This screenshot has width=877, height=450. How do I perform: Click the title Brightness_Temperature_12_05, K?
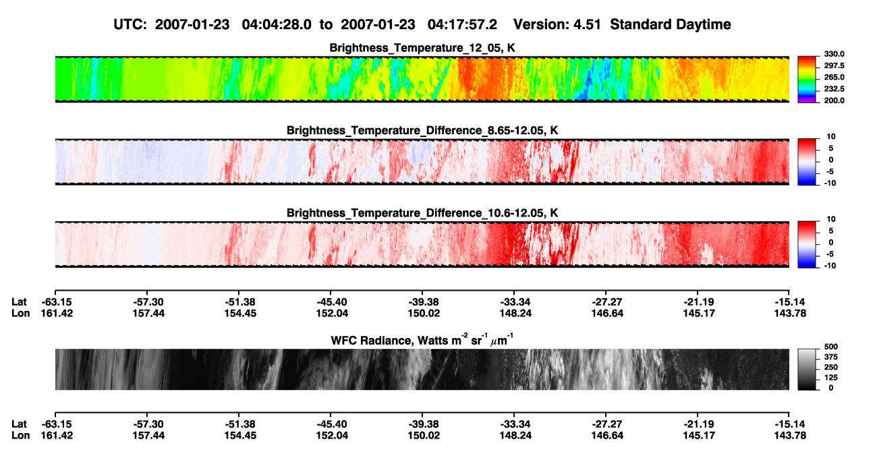click(x=422, y=48)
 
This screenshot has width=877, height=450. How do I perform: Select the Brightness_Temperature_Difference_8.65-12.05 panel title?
click(x=422, y=130)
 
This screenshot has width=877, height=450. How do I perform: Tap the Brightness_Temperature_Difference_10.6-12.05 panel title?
click(x=422, y=213)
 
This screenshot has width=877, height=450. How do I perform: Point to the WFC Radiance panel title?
click(x=422, y=339)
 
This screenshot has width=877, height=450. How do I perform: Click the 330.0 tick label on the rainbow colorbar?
click(x=834, y=54)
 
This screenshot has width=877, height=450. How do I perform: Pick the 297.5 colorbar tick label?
click(x=834, y=65)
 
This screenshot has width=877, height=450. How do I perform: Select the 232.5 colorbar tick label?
click(x=834, y=89)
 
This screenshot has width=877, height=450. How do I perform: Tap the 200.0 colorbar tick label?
click(x=834, y=101)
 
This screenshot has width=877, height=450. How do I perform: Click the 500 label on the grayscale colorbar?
click(x=831, y=347)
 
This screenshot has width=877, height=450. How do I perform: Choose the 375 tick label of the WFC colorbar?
click(x=831, y=357)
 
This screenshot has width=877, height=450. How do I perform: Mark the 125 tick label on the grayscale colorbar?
click(x=831, y=378)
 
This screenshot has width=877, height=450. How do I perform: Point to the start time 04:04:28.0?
click(x=277, y=24)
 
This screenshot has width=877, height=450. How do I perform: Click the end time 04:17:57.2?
click(x=462, y=24)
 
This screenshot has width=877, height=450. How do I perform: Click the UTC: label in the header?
click(x=130, y=24)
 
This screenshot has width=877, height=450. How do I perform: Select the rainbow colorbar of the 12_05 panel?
click(x=807, y=80)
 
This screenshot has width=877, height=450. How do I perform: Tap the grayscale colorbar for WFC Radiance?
click(x=807, y=369)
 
